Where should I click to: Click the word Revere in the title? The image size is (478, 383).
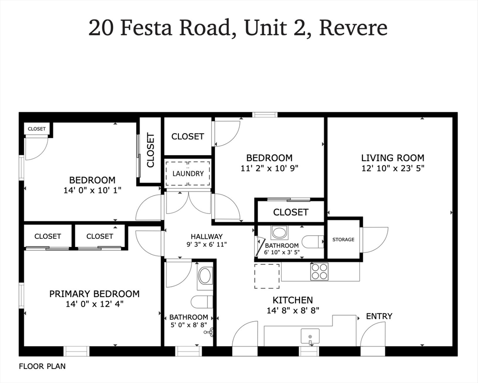coord(353,28)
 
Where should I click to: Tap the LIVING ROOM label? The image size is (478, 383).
coord(393,158)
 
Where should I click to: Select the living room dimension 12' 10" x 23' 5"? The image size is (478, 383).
coord(393,169)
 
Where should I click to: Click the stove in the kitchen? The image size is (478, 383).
coord(319,272)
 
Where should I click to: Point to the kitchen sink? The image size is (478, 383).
coord(310,337)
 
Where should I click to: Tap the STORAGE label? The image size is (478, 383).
coord(343,240)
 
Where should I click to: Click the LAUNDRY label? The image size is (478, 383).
coord(188,174)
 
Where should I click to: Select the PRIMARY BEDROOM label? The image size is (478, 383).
coord(94,294)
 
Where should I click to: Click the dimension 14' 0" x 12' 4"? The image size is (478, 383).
coord(94,304)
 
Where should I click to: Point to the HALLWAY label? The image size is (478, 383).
coord(206,236)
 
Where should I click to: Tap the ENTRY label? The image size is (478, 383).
coord(379,316)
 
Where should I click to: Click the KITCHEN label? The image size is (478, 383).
coord(293,300)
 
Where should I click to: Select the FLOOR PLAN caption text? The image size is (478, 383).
coord(42,366)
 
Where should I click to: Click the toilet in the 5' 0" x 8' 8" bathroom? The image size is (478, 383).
coord(202,302)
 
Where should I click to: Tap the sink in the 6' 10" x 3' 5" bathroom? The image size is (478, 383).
coord(279,232)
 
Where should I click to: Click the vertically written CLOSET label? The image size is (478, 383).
coord(151,150)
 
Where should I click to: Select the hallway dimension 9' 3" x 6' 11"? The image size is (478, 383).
coord(206,245)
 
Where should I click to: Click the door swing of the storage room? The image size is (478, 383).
coord(375,240)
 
